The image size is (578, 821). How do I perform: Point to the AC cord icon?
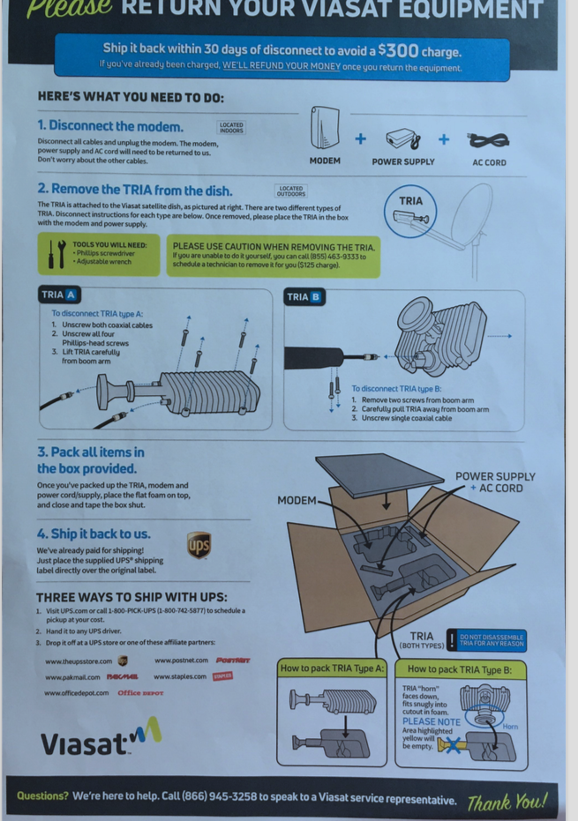tap(488, 140)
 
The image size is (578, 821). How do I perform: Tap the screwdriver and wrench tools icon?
tap(56, 253)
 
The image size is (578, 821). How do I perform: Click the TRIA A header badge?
tap(59, 295)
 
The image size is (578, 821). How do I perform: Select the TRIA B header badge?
tap(304, 297)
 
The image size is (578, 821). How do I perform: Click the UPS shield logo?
tap(199, 544)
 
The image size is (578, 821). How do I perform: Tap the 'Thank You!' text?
tap(507, 802)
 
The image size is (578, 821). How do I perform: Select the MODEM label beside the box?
tap(297, 501)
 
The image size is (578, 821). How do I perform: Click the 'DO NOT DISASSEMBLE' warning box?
tap(491, 639)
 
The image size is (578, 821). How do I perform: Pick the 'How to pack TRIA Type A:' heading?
tap(332, 668)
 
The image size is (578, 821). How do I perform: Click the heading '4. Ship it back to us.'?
tap(94, 534)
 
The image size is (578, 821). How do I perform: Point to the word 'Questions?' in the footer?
tap(42, 797)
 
